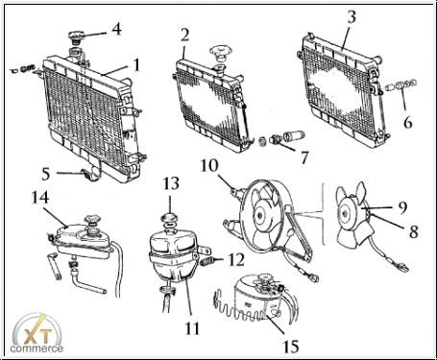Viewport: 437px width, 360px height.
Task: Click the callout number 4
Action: tap(116, 29)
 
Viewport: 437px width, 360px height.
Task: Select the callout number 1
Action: tap(136, 64)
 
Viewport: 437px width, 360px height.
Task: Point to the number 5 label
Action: tap(46, 174)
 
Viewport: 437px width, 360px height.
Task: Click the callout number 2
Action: tap(184, 36)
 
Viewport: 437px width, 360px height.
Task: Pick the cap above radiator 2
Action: tap(222, 53)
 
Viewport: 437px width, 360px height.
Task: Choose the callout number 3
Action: tap(352, 16)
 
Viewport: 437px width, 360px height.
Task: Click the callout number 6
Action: tap(408, 122)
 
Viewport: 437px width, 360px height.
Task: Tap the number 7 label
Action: tap(304, 157)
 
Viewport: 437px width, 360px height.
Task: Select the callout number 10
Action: tap(209, 165)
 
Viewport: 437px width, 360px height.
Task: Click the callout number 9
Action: tap(402, 207)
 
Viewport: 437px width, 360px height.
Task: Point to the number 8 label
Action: tap(414, 231)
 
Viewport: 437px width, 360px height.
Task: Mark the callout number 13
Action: tap(171, 184)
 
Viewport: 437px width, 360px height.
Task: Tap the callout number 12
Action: tap(236, 259)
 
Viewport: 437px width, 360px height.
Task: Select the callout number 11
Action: tap(192, 328)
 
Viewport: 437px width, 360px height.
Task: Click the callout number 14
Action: tap(40, 198)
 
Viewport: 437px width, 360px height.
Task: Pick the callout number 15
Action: tap(291, 347)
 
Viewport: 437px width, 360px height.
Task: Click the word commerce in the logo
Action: tap(36, 348)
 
